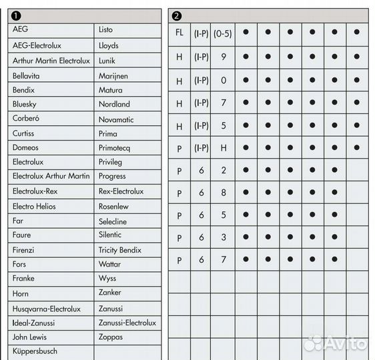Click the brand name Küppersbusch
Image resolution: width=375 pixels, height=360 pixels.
[x=35, y=351]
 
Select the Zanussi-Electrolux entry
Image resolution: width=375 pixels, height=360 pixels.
[x=127, y=323]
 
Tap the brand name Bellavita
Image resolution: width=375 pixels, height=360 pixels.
[x=27, y=76]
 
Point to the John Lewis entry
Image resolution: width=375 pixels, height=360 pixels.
[x=30, y=337]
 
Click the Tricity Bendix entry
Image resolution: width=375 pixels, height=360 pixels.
[x=120, y=250]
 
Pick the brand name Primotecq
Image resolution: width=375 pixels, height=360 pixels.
[x=117, y=148]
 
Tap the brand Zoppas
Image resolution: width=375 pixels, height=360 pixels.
[x=111, y=337]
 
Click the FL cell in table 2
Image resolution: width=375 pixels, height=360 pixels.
[x=179, y=32]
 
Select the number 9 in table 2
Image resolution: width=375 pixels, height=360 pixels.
[x=223, y=57]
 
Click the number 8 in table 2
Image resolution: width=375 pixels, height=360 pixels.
[x=223, y=193]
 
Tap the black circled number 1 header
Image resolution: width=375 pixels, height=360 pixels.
[x=15, y=15]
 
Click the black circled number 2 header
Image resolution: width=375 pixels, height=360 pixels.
[x=175, y=15]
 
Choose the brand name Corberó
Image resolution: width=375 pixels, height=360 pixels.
[x=26, y=119]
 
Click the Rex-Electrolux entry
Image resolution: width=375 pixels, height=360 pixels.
[x=121, y=191]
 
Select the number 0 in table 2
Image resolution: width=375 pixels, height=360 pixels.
[x=223, y=81]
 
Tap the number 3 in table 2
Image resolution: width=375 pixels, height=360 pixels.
[x=223, y=238]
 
